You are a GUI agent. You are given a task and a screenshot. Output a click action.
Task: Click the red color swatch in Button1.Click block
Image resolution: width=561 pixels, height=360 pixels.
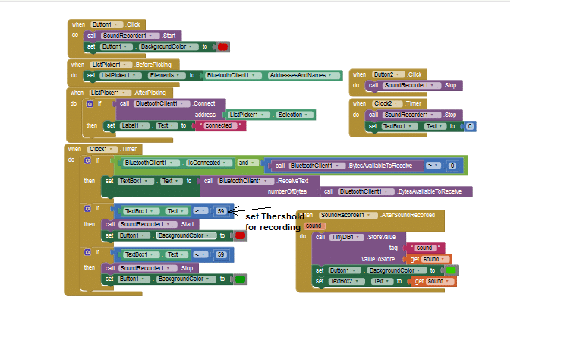[x=223, y=47]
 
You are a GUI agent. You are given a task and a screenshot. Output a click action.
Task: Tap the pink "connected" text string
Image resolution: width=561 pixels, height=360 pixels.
[x=219, y=125]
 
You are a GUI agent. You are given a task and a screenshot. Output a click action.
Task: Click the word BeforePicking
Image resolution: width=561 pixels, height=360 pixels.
[x=153, y=65]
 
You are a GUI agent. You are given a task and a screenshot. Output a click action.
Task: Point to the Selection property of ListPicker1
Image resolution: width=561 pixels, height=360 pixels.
[x=292, y=114]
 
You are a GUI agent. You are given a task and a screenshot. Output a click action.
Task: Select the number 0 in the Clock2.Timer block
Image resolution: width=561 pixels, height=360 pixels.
[x=470, y=126]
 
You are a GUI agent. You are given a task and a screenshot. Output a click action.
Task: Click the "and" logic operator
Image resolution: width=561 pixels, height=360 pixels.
[x=244, y=163]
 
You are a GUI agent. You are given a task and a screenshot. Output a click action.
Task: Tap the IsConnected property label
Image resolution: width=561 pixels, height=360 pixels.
[x=203, y=163]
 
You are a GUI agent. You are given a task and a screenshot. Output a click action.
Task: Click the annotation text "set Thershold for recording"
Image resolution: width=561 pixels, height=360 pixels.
[x=274, y=221]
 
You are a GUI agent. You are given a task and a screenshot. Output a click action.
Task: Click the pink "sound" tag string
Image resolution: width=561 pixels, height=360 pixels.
[x=424, y=248]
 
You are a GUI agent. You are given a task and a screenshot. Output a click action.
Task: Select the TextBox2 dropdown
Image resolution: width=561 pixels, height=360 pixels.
[x=343, y=282]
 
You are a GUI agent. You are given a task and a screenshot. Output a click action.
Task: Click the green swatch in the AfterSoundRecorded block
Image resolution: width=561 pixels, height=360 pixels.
[x=451, y=270]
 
